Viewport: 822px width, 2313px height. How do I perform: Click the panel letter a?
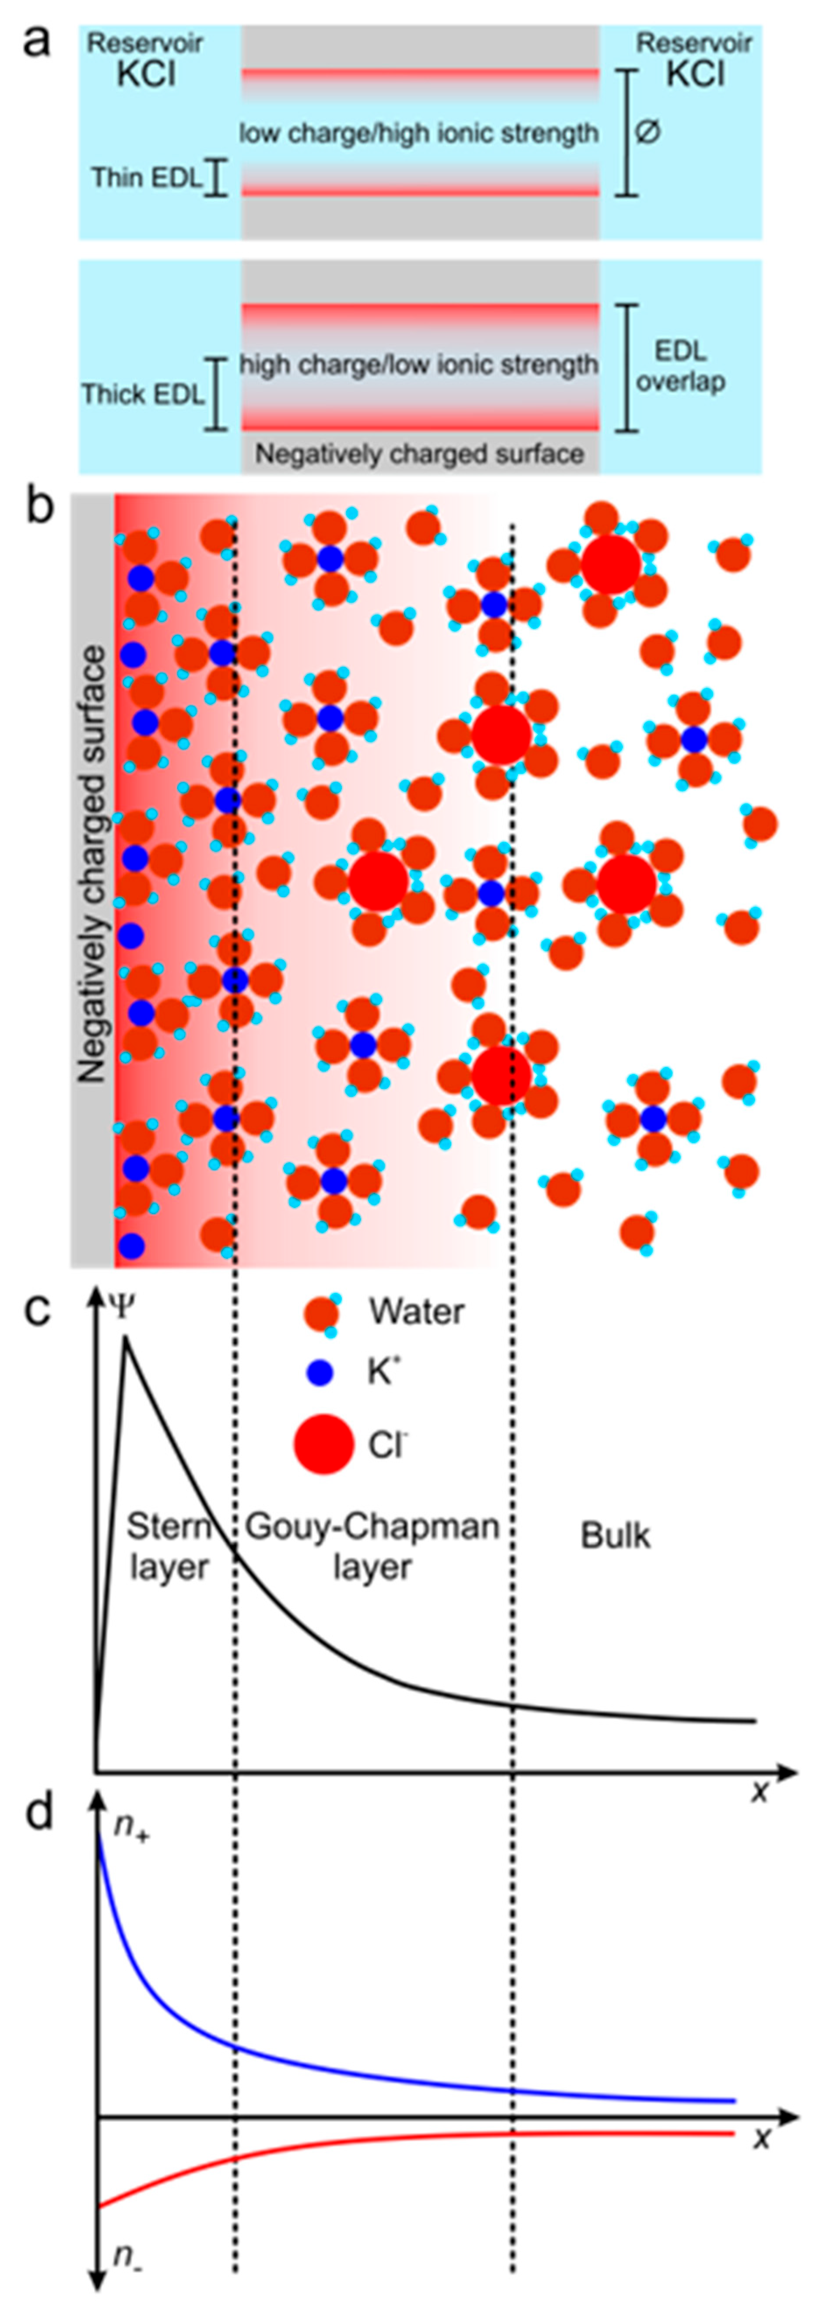coord(36,40)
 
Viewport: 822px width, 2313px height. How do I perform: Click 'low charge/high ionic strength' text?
coord(418,134)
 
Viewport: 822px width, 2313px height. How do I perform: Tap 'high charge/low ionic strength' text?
coord(418,365)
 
